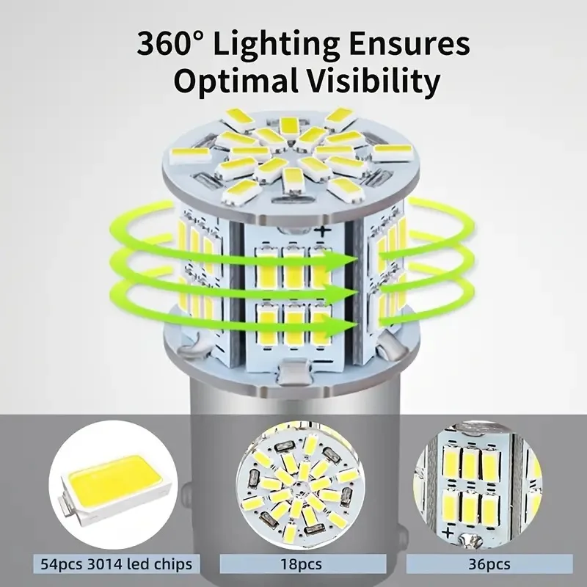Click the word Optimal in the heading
[x=235, y=81]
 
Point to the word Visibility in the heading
[x=373, y=81]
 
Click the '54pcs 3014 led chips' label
[x=117, y=564]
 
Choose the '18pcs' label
[x=302, y=564]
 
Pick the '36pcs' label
[x=489, y=564]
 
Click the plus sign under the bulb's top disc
[x=322, y=231]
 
